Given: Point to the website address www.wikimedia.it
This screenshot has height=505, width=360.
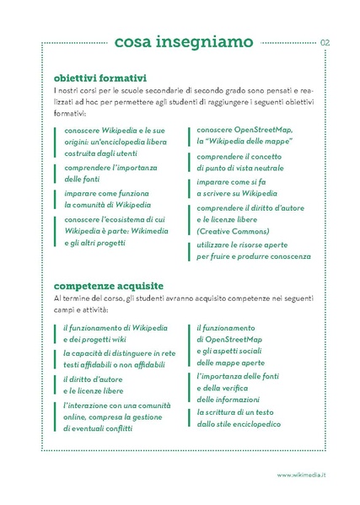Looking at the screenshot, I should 302,476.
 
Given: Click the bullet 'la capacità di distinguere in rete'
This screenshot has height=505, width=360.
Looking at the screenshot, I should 119,352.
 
